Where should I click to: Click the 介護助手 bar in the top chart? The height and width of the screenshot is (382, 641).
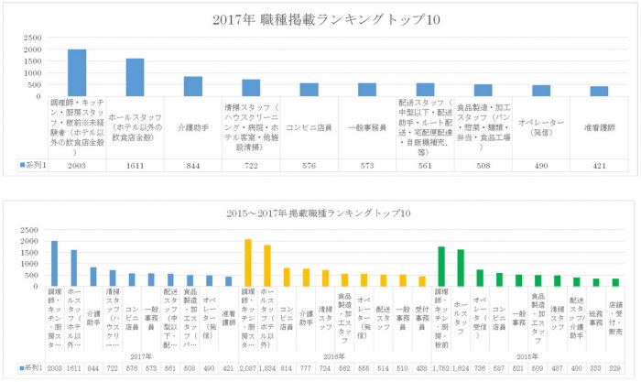click(x=193, y=86)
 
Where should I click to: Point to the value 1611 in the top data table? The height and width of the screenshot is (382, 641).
click(x=135, y=164)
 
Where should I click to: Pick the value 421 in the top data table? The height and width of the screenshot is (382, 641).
click(x=599, y=164)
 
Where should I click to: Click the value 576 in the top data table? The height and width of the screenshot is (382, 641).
click(x=309, y=164)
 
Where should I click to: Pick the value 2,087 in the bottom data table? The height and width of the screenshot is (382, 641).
click(x=248, y=367)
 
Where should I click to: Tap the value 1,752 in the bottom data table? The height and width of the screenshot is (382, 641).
click(x=441, y=367)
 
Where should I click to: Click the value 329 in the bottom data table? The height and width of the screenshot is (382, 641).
click(x=615, y=367)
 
